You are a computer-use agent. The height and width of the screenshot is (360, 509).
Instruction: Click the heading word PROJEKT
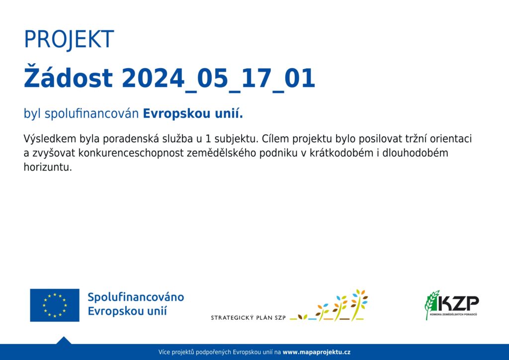(69, 39)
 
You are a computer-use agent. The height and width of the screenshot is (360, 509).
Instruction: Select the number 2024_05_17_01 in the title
(219, 79)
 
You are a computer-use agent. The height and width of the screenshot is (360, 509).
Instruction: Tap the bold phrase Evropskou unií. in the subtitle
(193, 113)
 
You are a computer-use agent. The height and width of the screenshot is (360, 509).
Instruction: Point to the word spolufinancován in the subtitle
(91, 114)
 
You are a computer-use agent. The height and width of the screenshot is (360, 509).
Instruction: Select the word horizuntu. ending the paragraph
(48, 167)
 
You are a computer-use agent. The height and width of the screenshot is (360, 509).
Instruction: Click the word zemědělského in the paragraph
(221, 153)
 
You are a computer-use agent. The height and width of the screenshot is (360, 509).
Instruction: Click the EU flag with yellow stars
(55, 305)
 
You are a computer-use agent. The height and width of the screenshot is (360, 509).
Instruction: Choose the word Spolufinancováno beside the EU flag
(136, 297)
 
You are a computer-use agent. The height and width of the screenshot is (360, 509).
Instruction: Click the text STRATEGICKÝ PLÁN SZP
(249, 318)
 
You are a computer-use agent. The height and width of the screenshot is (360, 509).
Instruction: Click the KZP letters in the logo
(458, 303)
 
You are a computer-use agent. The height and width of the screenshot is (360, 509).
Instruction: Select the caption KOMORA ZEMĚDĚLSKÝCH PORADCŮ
(453, 315)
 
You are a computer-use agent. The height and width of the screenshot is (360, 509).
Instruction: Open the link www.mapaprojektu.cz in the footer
(317, 352)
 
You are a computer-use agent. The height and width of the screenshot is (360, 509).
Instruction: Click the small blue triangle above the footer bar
(64, 341)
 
